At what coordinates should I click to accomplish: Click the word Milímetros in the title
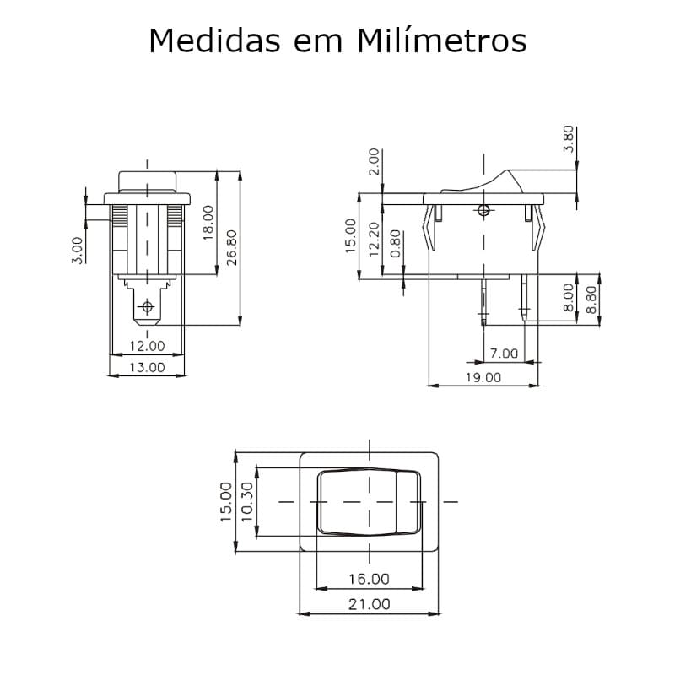[441, 40]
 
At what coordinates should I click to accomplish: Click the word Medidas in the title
[215, 40]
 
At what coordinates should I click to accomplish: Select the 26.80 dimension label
[231, 247]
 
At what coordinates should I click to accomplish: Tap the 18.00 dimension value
[208, 223]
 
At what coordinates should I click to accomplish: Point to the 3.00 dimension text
[77, 250]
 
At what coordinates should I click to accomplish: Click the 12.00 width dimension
[147, 346]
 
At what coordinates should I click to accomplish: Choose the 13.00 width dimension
[147, 367]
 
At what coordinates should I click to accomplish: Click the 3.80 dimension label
[569, 138]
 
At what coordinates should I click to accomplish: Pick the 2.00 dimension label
[375, 162]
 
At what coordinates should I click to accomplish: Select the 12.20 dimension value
[375, 240]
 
